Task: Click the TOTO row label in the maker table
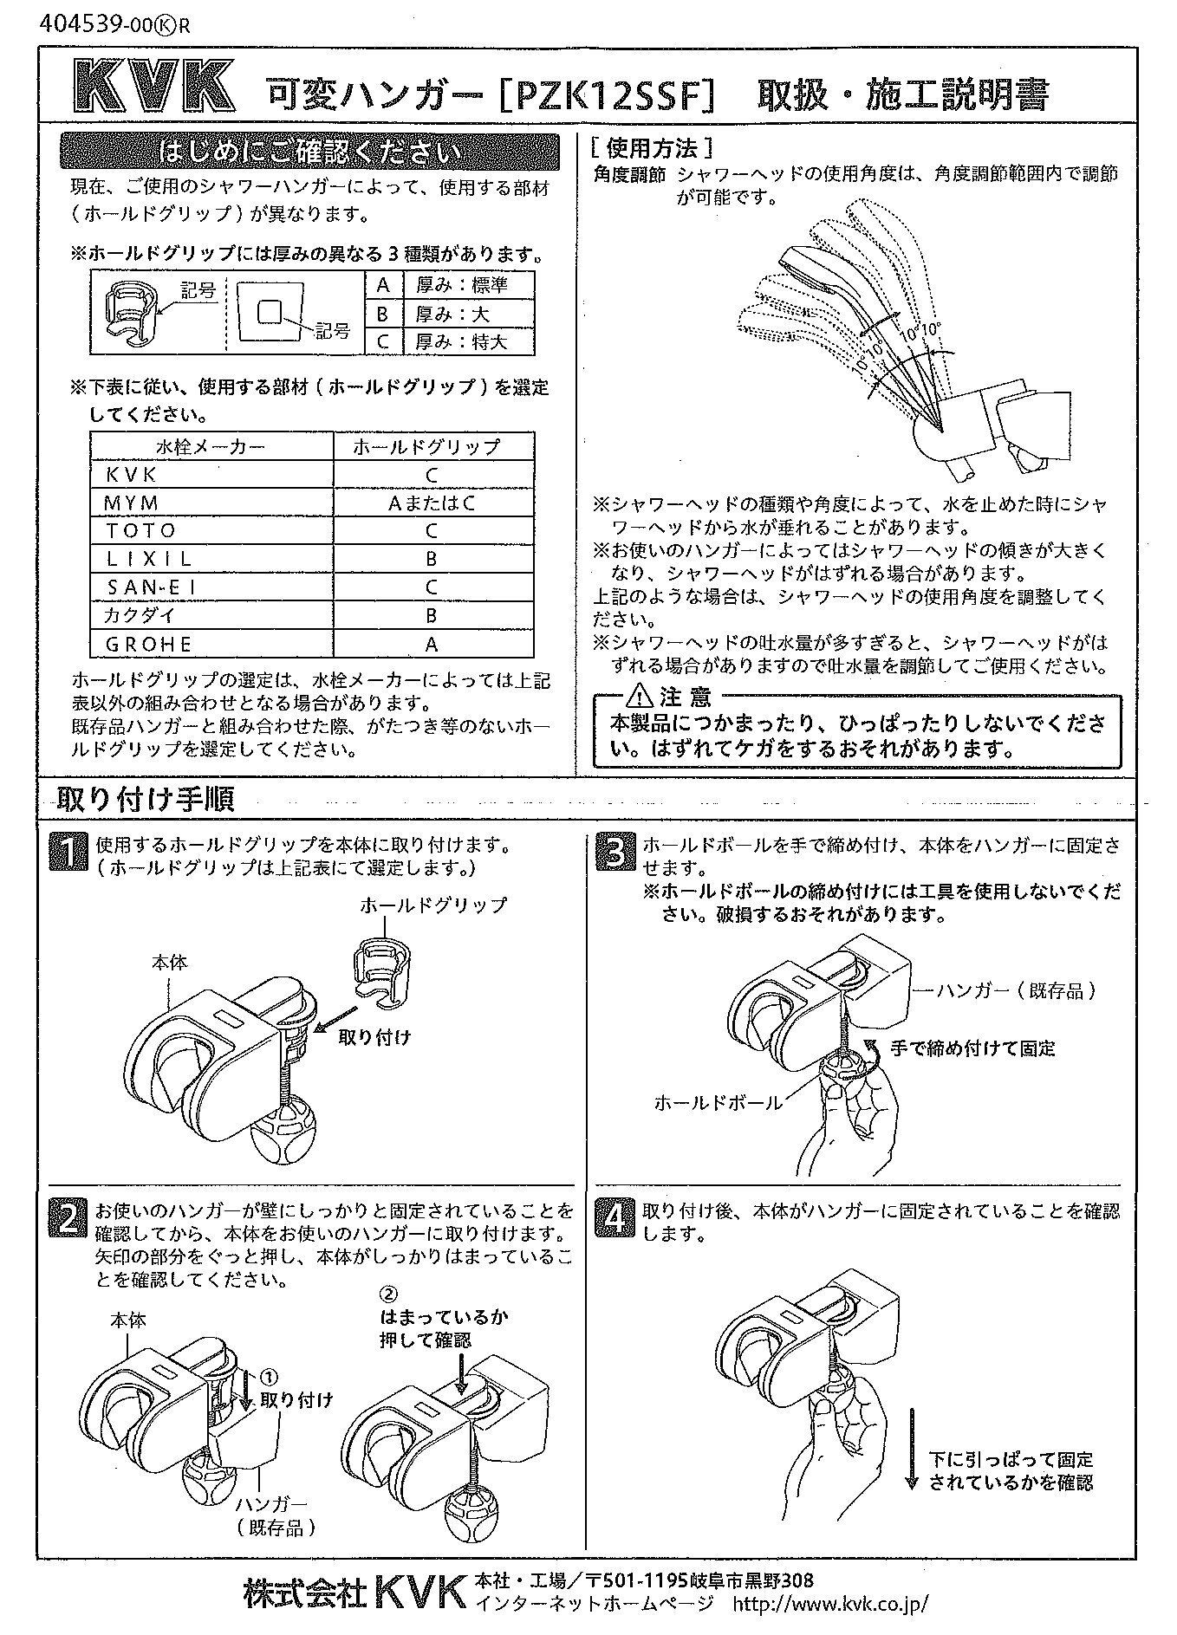(x=140, y=530)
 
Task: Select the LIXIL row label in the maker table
(x=148, y=559)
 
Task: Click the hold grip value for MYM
(x=432, y=503)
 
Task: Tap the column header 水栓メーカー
(x=211, y=446)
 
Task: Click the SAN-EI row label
(x=152, y=587)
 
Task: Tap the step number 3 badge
(x=615, y=852)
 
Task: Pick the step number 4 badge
(x=615, y=1217)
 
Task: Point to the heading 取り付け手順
(x=146, y=799)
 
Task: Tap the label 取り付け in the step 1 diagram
(x=374, y=1036)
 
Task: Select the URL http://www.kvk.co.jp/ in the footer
(x=830, y=1603)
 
